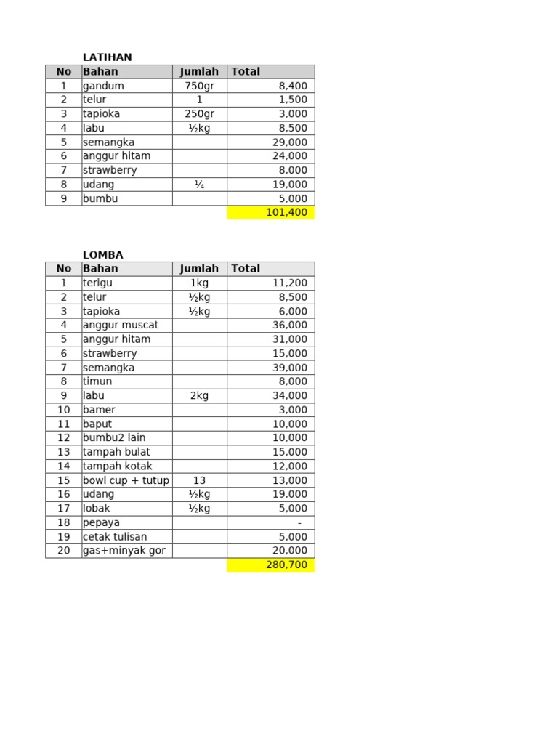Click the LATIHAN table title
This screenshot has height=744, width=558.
pos(108,57)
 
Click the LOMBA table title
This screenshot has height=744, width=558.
pos(103,255)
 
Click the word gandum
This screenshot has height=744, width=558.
pos(103,86)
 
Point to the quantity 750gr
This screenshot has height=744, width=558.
pos(199,86)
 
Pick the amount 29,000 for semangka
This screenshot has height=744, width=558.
pos(289,142)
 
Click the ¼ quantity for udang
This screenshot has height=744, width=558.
pos(199,185)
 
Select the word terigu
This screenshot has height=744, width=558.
pos(98,283)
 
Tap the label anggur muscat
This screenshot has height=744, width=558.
pos(121,325)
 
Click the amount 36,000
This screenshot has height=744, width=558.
pos(289,325)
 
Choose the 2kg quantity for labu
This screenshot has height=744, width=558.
pos(199,396)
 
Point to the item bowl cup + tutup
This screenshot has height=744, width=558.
pos(126,480)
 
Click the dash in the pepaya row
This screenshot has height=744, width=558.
pos(299,523)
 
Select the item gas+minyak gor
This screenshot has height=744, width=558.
pos(124,551)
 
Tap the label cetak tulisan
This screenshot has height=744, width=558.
pos(115,537)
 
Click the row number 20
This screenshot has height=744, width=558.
pos(64,551)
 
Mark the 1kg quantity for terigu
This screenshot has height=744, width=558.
pos(199,283)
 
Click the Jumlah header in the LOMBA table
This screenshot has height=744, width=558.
pos(199,269)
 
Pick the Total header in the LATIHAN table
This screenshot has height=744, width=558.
pos(246,72)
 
